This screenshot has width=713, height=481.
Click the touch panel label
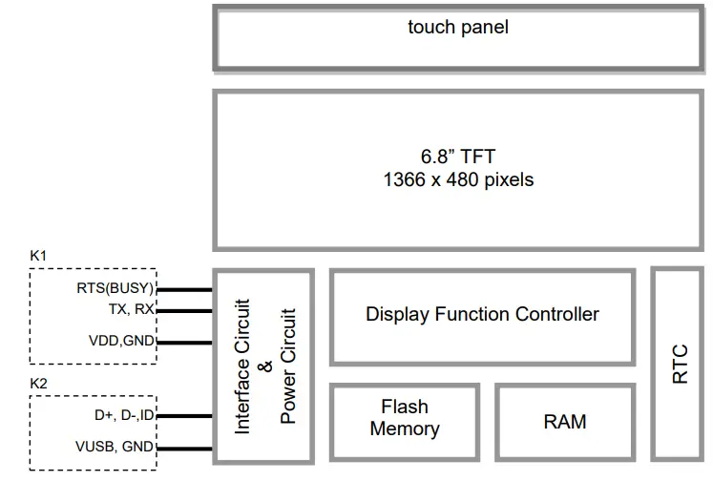tap(458, 27)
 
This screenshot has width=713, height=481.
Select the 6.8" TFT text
tap(458, 156)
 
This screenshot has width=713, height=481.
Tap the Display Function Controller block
tap(482, 315)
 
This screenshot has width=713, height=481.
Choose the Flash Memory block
tap(405, 419)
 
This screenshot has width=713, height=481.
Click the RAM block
tap(565, 421)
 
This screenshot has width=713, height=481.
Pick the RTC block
tap(681, 364)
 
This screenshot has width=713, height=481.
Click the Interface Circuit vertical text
tap(243, 366)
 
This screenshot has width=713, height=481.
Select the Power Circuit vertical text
tap(289, 366)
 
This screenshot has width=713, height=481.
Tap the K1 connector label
tap(39, 257)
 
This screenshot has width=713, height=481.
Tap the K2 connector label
tap(39, 383)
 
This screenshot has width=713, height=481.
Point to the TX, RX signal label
tap(131, 309)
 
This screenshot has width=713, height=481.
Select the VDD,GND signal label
tap(121, 342)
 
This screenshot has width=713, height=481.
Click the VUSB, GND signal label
tap(115, 446)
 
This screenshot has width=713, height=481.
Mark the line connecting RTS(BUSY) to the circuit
tap(183, 289)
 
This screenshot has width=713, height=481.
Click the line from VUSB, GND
tap(183, 446)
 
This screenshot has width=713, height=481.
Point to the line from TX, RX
tap(183, 310)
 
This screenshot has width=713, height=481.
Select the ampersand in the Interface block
tap(266, 366)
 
